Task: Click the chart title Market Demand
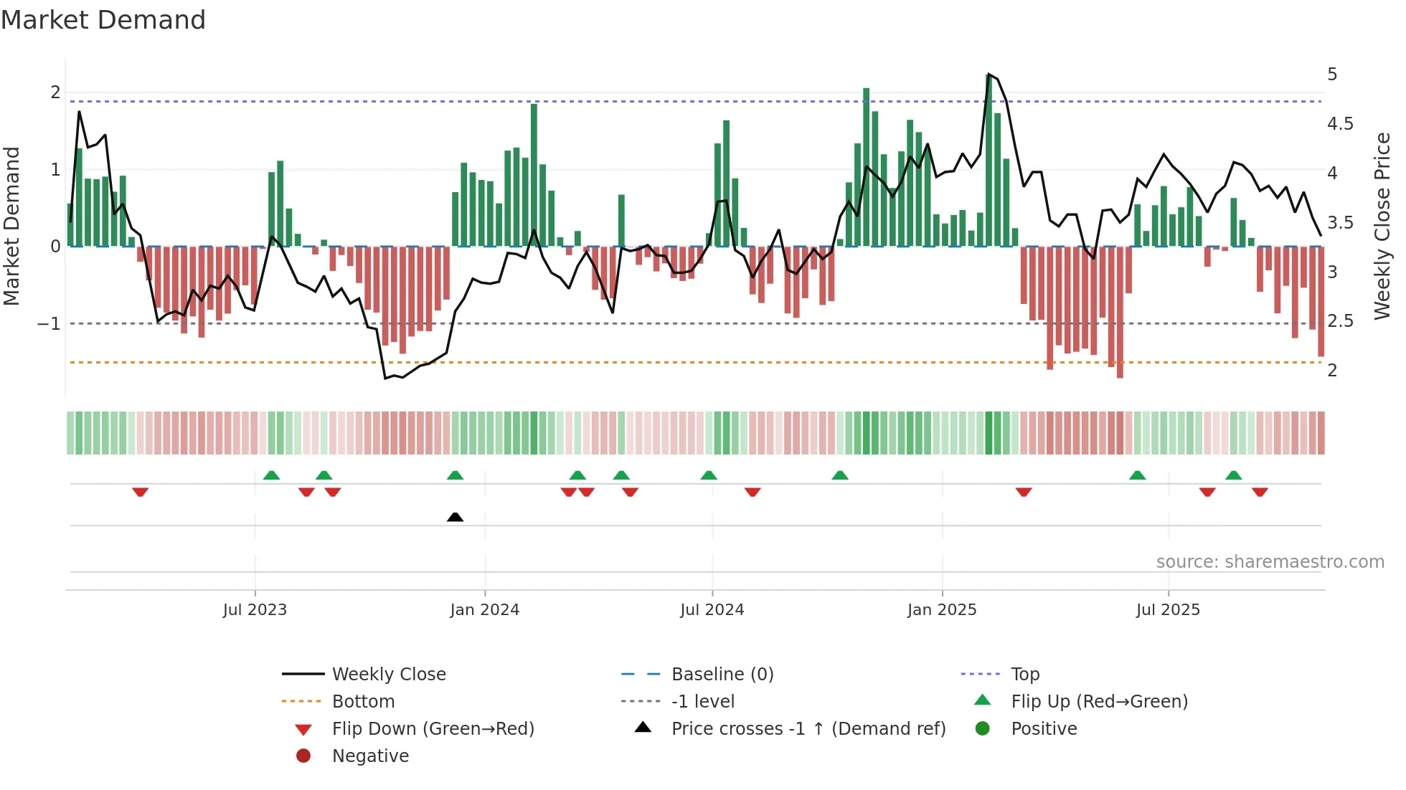point(103,20)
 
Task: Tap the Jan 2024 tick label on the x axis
point(484,610)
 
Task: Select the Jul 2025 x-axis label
point(1167,610)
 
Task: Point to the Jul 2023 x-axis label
point(255,610)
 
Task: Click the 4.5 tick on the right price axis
point(1339,124)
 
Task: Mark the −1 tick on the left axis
point(49,324)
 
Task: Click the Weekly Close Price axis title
point(1382,226)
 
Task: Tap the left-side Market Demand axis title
point(12,226)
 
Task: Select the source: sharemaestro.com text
point(1270,562)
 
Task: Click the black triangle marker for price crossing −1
point(455,517)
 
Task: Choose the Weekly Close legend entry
point(388,675)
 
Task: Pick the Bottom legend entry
point(363,702)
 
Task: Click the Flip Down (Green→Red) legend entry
point(433,729)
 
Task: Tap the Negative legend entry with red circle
point(370,756)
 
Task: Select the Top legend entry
point(1024,675)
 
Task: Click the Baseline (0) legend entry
point(722,675)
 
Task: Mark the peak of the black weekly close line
point(989,75)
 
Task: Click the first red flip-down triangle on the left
point(140,492)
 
